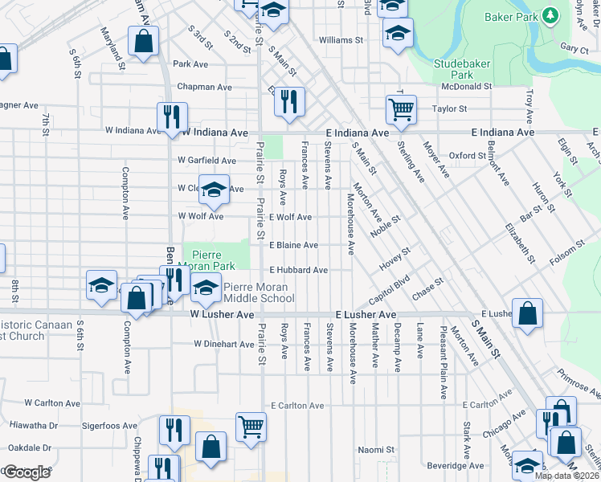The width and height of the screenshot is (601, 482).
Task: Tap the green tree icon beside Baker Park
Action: coord(550,15)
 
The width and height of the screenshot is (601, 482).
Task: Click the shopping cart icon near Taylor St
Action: coord(400,107)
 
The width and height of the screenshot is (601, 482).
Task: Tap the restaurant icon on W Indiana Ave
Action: coord(173,116)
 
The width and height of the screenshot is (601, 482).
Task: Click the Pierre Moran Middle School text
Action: coord(259,292)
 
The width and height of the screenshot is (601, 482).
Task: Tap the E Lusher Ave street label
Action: coord(366,315)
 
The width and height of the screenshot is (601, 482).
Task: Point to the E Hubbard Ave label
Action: coord(298,270)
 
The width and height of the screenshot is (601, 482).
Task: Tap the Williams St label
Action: coord(341,39)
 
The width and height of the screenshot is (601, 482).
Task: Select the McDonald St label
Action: coord(466,86)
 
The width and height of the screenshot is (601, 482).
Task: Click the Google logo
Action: coord(27,472)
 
